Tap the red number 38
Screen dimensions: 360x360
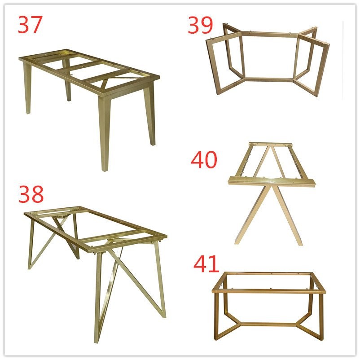click(31, 194)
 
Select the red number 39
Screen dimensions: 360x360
click(200, 26)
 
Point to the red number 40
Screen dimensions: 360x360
click(204, 160)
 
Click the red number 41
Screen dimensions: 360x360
click(206, 264)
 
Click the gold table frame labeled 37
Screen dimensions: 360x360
click(90, 90)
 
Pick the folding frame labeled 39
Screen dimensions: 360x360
click(268, 58)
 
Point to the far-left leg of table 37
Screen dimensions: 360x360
click(28, 90)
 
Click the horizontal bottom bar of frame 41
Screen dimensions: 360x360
click(268, 324)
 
